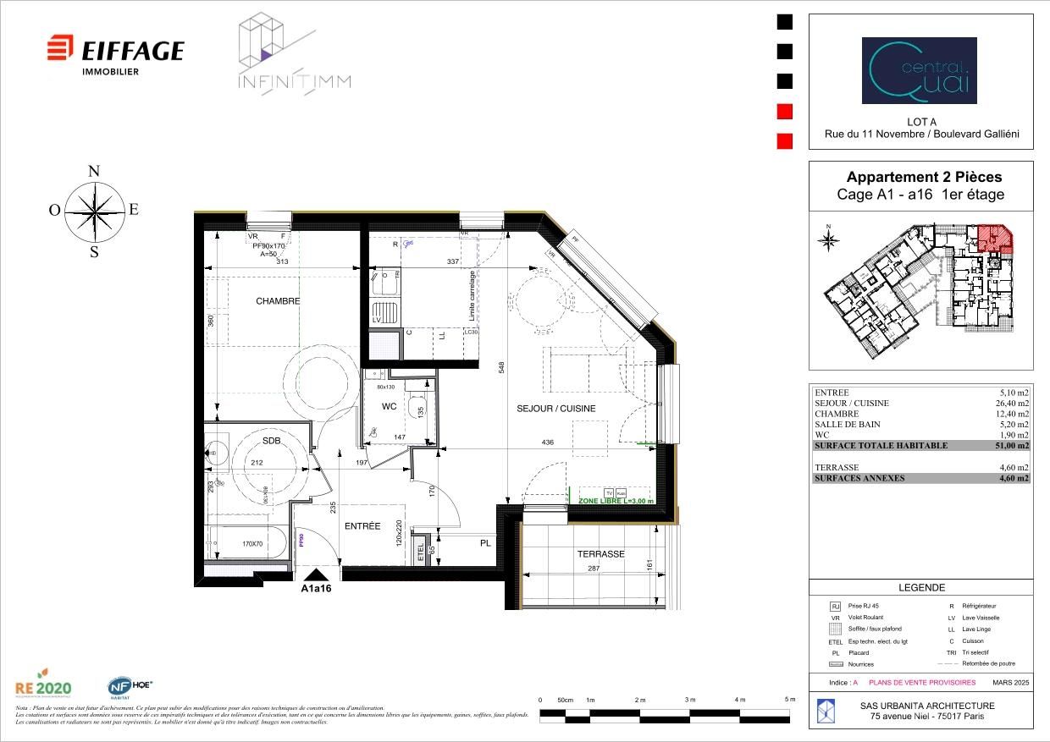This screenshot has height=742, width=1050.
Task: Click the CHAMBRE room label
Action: (x=278, y=301)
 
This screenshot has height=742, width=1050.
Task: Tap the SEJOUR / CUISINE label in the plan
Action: (x=556, y=409)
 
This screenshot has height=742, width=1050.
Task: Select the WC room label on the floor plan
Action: (x=389, y=407)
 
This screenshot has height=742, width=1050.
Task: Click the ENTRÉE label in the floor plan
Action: (x=362, y=526)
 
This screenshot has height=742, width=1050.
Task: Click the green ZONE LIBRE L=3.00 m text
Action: (x=616, y=502)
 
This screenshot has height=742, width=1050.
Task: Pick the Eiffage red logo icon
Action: (x=59, y=48)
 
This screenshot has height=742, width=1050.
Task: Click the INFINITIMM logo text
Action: (x=294, y=82)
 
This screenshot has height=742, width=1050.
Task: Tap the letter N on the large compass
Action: (x=94, y=171)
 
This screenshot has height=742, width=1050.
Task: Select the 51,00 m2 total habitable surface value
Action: (x=1012, y=446)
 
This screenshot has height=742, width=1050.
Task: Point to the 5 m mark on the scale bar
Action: (x=789, y=700)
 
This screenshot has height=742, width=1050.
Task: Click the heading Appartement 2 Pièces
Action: (x=924, y=178)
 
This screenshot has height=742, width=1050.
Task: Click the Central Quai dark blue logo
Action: (x=919, y=70)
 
